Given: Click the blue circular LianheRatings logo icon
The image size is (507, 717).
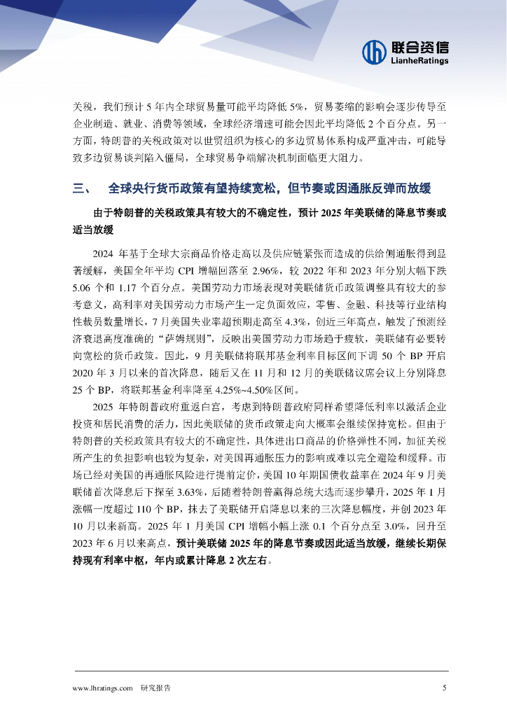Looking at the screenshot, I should pyautogui.click(x=375, y=51).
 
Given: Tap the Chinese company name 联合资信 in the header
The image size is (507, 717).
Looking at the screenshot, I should pyautogui.click(x=419, y=47).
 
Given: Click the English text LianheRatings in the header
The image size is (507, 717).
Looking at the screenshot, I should pyautogui.click(x=419, y=61).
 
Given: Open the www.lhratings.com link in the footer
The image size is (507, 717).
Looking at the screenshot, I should pyautogui.click(x=102, y=688).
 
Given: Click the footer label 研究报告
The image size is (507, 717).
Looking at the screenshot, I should pyautogui.click(x=155, y=688).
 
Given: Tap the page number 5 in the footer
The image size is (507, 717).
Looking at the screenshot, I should pyautogui.click(x=444, y=688).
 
